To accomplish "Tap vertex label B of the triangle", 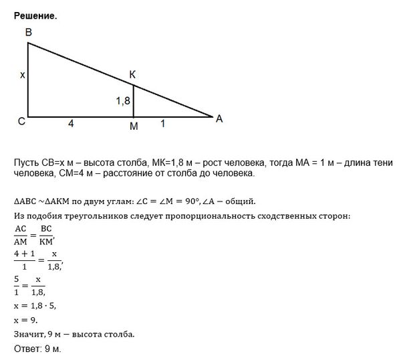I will click(28, 33).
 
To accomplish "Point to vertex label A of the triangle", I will click(219, 118).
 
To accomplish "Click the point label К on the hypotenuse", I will click(134, 75).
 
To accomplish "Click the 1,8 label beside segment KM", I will click(122, 100).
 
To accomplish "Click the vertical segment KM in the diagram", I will click(134, 100).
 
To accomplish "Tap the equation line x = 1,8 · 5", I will click(34, 306).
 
